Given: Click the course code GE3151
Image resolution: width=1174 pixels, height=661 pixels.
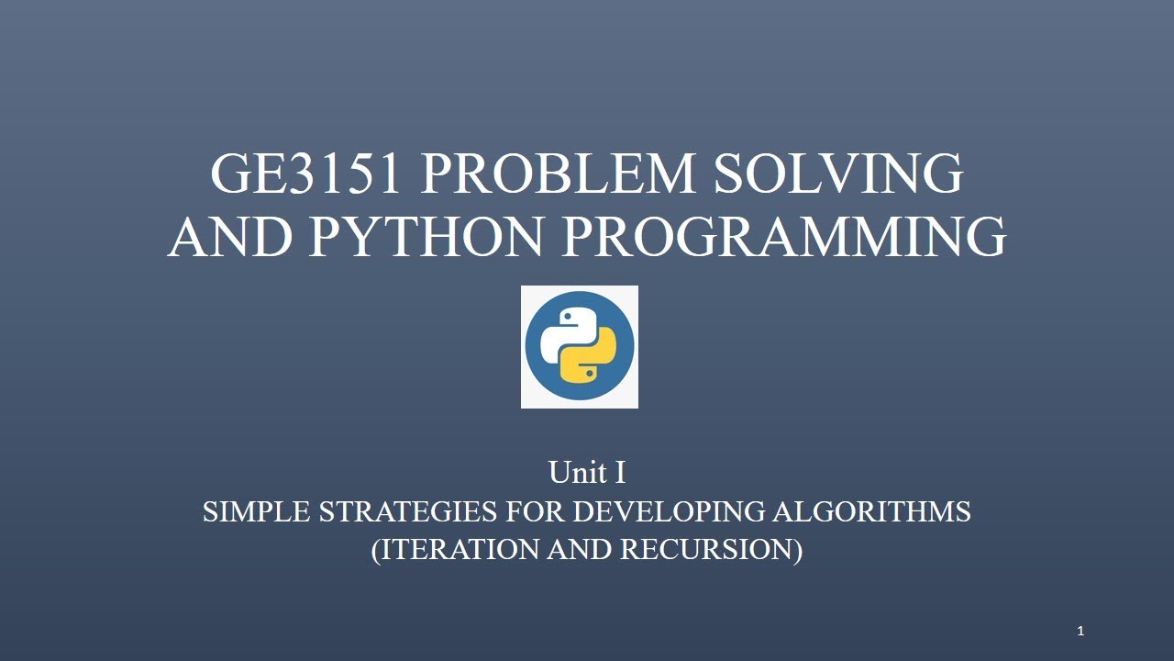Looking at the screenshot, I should point(305,174).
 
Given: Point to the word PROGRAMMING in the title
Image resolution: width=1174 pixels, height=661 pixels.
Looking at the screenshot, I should point(784,236).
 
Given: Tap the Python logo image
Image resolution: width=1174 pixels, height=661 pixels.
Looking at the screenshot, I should point(580,347).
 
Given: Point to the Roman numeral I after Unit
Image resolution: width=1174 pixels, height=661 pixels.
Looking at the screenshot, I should point(620,473).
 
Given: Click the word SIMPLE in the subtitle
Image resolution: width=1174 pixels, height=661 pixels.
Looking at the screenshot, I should point(256,511).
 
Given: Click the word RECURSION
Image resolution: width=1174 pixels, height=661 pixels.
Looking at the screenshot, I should point(710,549).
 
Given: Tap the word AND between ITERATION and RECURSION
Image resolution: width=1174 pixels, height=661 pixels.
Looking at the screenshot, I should point(580,549).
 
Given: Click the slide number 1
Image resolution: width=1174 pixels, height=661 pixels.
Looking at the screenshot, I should point(1080,631).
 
